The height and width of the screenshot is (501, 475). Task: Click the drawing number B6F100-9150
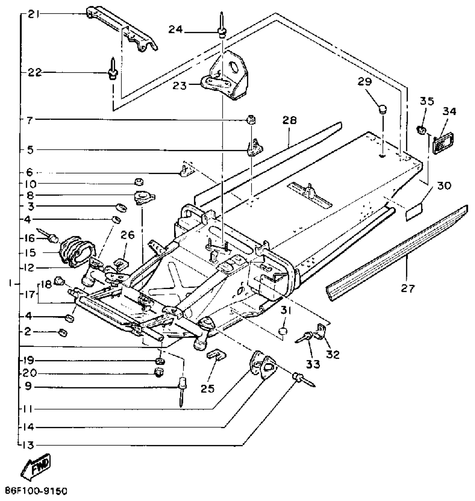(36, 491)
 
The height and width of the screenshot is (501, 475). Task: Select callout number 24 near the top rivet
(175, 29)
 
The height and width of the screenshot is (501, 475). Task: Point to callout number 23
(179, 86)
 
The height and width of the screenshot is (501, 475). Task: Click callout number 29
(365, 82)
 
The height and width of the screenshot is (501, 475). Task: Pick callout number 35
(427, 101)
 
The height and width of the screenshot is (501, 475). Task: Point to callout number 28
(289, 120)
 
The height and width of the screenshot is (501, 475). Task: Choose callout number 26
(127, 235)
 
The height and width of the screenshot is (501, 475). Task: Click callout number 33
(313, 364)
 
